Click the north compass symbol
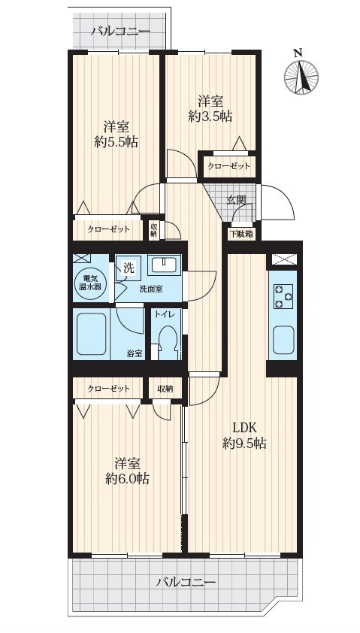301,77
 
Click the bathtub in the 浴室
92,334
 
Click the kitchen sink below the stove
283,340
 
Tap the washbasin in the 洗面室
164,265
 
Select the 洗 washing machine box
128,268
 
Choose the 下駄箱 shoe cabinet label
243,233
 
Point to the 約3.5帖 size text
210,117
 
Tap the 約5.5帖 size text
116,142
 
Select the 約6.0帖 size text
127,479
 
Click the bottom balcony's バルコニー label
187,583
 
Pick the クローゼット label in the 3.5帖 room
229,166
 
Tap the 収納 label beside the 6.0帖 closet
165,389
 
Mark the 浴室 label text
135,354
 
